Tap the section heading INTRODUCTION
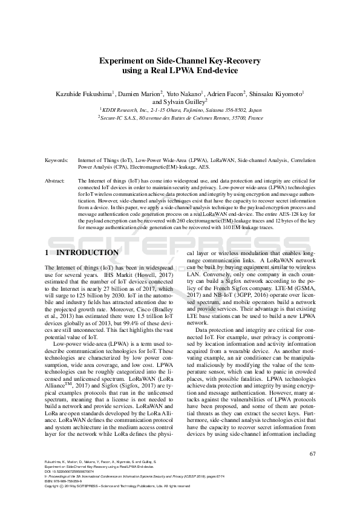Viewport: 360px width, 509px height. [87, 252]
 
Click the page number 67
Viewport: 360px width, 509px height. [312, 454]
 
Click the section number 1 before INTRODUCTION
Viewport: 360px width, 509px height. [47, 252]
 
